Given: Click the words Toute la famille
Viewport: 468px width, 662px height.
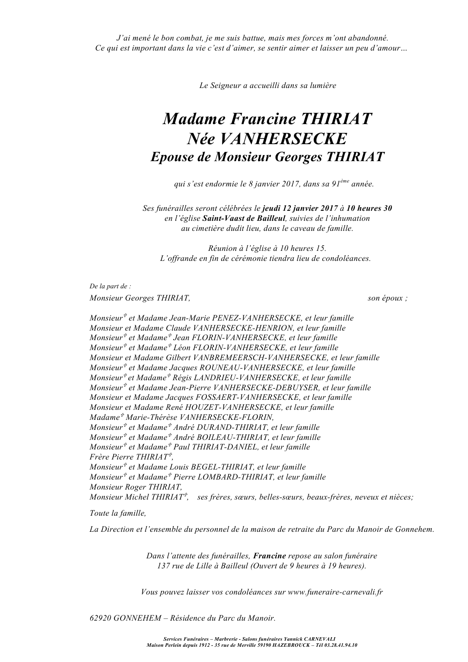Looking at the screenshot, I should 118,513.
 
